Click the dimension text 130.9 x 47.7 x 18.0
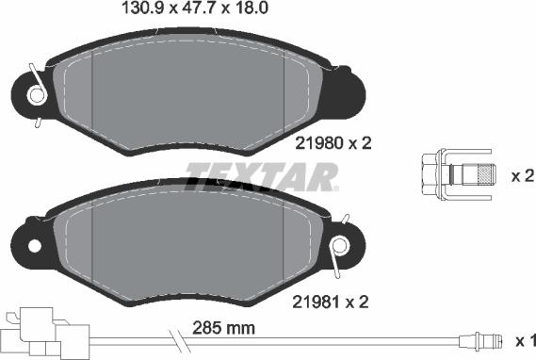point(195,8)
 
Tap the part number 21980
point(319,143)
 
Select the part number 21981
point(317,302)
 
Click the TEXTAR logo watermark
point(262,177)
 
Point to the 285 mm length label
point(223,328)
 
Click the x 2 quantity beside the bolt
point(522,176)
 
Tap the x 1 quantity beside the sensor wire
point(526,341)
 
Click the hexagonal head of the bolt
point(431,174)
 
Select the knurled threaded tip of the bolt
point(486,174)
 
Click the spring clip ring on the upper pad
point(38,95)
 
